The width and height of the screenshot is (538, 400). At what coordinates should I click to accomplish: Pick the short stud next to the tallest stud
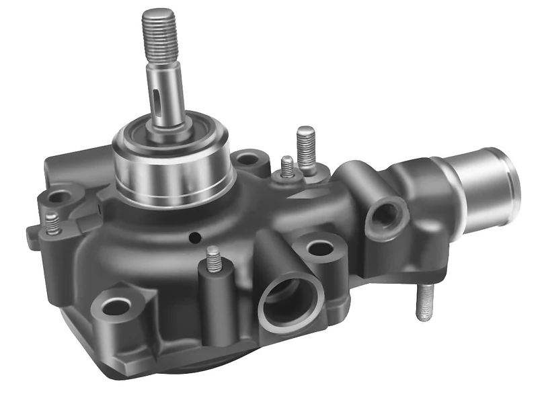pyautogui.click(x=287, y=166)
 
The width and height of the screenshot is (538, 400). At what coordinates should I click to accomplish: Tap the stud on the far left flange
pyautogui.click(x=52, y=224)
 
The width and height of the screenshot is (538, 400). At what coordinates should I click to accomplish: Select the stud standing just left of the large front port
pyautogui.click(x=214, y=259)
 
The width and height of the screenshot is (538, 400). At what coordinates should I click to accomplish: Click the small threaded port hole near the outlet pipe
pyautogui.click(x=387, y=215)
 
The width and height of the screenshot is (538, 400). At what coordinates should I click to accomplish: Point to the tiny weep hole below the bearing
pyautogui.click(x=194, y=237)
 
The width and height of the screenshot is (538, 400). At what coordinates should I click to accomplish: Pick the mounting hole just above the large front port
pyautogui.click(x=320, y=248)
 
